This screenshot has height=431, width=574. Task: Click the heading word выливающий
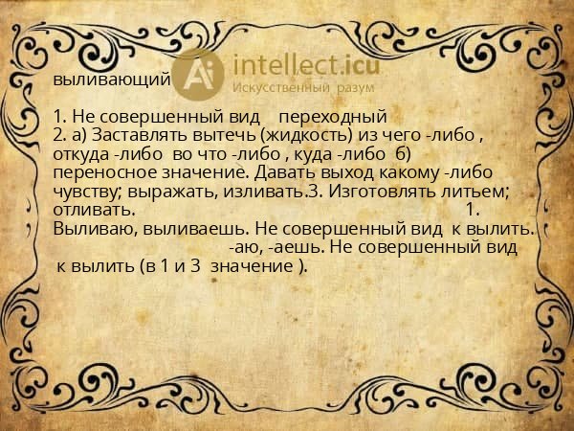(x=112, y=79)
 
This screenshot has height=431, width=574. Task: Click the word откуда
(x=81, y=154)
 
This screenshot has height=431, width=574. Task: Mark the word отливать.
(x=94, y=210)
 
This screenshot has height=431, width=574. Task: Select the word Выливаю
(x=92, y=229)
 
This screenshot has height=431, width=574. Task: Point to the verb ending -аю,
(x=245, y=247)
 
